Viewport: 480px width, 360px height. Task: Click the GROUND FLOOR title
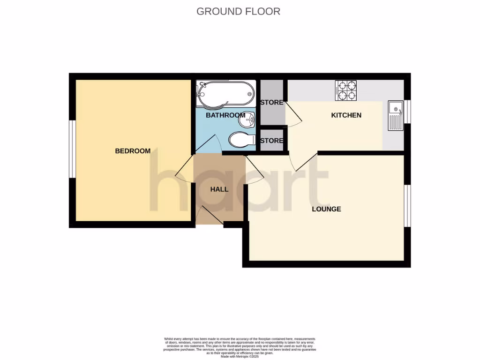(x=238, y=11)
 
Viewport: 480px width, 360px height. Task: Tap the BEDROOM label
(x=133, y=151)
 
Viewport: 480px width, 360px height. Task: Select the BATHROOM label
(x=225, y=115)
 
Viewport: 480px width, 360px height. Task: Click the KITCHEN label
(x=346, y=115)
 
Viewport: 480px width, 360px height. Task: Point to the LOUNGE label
(x=326, y=209)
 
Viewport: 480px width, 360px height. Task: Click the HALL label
(x=219, y=189)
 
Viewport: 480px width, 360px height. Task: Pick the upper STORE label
(x=272, y=103)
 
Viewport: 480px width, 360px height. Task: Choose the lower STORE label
(x=272, y=141)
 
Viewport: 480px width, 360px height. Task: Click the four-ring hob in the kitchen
(x=346, y=91)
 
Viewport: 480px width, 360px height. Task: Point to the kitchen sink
(x=395, y=115)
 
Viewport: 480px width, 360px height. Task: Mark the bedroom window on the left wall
(x=72, y=150)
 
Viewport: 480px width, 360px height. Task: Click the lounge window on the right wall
(x=407, y=205)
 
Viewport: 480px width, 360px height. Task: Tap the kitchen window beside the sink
(x=407, y=112)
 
